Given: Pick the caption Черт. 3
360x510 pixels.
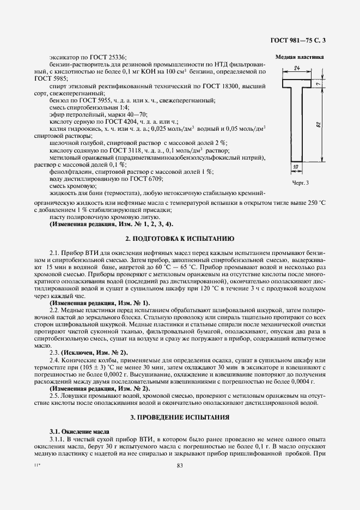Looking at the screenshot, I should click(x=300, y=183).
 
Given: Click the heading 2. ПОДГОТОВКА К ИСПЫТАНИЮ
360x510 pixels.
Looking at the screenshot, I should click(x=180, y=239).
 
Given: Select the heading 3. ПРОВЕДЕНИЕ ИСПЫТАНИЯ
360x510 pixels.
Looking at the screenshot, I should click(x=180, y=417).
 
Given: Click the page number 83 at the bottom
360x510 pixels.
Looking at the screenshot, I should click(x=180, y=465).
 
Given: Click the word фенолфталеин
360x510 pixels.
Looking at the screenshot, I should click(x=69, y=172).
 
